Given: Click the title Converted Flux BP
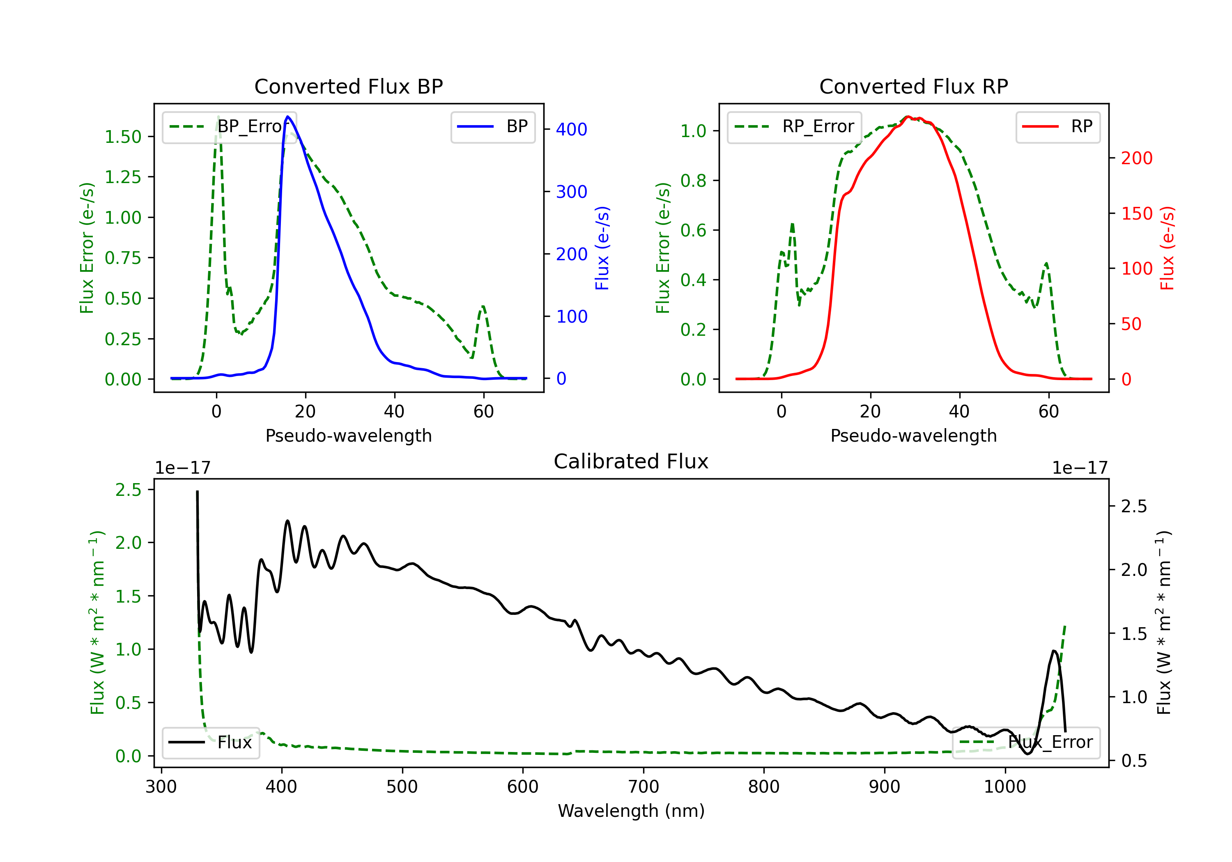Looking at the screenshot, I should click(x=348, y=86).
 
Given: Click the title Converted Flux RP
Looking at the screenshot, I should click(x=913, y=86).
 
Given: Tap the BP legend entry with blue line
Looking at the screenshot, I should click(x=492, y=126).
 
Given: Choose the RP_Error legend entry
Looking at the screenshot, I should click(x=794, y=126).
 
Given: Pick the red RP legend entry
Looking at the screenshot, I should click(x=1057, y=126).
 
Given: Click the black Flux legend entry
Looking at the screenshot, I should click(x=210, y=743).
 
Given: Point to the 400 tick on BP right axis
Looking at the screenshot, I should click(x=571, y=129).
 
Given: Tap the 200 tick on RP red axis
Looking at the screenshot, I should click(x=1136, y=158).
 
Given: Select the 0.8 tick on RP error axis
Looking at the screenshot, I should click(x=693, y=181).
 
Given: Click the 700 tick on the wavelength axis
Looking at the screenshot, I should click(x=643, y=787).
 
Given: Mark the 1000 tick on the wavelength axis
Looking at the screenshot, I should click(x=1004, y=787).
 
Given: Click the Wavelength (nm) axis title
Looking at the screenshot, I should click(x=631, y=811).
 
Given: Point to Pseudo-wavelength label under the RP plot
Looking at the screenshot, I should click(x=913, y=436).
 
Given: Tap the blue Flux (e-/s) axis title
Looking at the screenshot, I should click(x=602, y=248).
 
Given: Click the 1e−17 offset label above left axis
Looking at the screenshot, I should click(x=182, y=468).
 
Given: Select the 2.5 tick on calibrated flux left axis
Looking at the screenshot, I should click(x=128, y=490).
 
